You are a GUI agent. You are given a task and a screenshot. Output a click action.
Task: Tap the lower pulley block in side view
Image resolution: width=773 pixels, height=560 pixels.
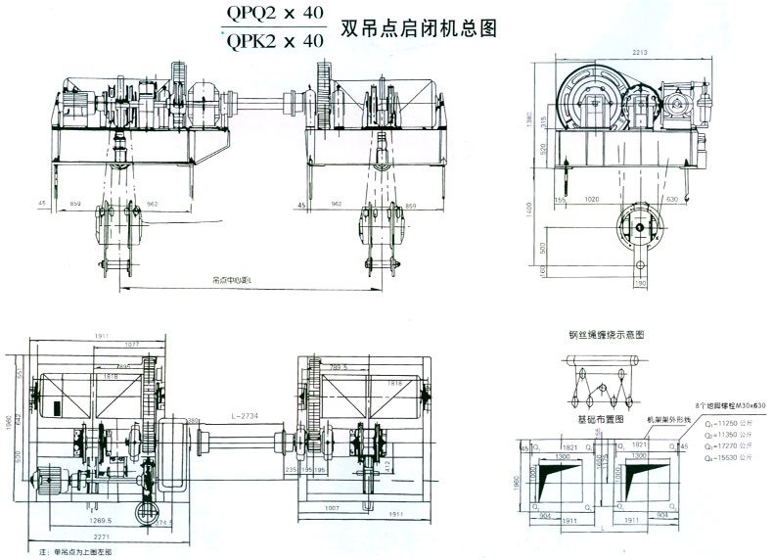(639, 228)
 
